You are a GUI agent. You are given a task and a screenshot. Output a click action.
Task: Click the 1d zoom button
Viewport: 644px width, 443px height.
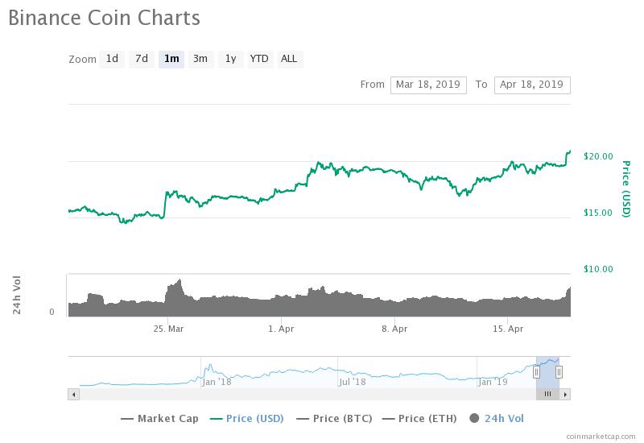pyautogui.click(x=112, y=59)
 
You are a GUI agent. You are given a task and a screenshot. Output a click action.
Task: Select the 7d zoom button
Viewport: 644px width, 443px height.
pyautogui.click(x=141, y=59)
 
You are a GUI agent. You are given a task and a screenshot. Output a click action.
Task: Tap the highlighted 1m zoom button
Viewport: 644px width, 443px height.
pyautogui.click(x=171, y=59)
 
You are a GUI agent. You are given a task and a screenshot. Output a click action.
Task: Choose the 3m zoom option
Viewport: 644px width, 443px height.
pyautogui.click(x=200, y=59)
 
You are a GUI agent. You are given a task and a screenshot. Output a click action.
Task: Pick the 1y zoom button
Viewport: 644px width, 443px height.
pyautogui.click(x=230, y=59)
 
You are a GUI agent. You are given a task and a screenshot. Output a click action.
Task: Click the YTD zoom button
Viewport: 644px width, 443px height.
pyautogui.click(x=259, y=59)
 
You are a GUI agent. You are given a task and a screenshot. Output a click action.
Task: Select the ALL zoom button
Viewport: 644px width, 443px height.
pyautogui.click(x=289, y=59)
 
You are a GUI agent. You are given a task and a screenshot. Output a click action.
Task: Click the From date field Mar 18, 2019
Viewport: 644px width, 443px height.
pyautogui.click(x=428, y=85)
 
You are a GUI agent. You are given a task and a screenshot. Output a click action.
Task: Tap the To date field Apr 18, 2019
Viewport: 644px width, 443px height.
pyautogui.click(x=532, y=85)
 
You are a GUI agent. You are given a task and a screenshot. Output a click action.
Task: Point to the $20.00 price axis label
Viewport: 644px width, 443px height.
pyautogui.click(x=598, y=156)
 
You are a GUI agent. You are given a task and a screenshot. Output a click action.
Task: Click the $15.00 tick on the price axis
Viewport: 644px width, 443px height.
pyautogui.click(x=598, y=213)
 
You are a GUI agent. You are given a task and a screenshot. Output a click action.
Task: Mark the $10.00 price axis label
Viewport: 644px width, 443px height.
pyautogui.click(x=598, y=269)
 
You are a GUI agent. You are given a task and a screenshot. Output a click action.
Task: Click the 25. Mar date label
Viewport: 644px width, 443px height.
pyautogui.click(x=169, y=329)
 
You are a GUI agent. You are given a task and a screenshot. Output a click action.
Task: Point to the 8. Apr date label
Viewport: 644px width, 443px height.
pyautogui.click(x=394, y=329)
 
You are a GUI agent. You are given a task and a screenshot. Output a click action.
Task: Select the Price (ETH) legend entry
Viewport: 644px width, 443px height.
pyautogui.click(x=419, y=418)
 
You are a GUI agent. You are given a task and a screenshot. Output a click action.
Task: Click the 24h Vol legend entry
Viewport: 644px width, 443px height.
pyautogui.click(x=497, y=418)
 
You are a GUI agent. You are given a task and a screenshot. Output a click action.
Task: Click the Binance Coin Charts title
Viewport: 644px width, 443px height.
pyautogui.click(x=104, y=18)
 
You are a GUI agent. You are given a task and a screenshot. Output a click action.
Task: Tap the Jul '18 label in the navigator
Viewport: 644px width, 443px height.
pyautogui.click(x=353, y=382)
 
